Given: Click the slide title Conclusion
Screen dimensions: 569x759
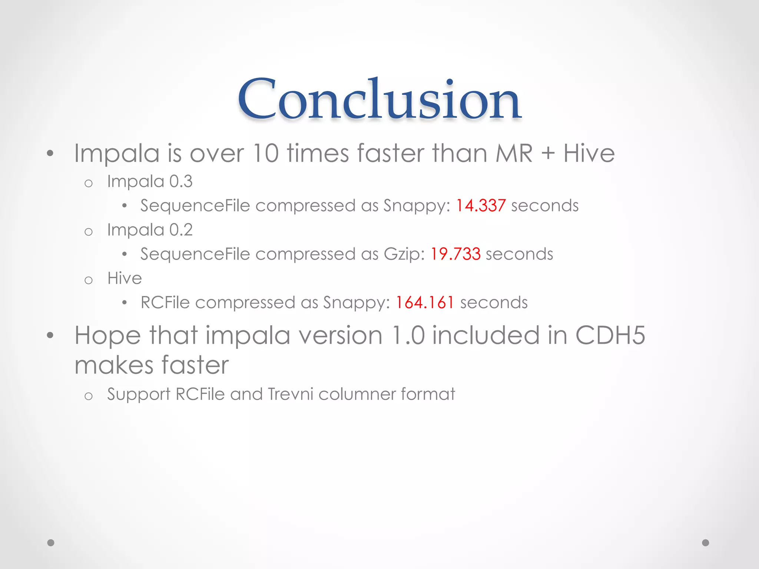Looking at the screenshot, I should [x=379, y=99].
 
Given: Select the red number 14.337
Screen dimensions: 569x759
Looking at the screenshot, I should [x=480, y=206].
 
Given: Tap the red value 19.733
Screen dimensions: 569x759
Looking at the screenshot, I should [x=455, y=254].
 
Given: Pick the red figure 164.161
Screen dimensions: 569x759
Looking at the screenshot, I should [x=425, y=303].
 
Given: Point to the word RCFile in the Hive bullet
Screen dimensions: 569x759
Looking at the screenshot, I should [x=165, y=303].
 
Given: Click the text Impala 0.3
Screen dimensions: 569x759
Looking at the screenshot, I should [x=150, y=182].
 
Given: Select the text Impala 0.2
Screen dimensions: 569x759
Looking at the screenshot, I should [x=150, y=230].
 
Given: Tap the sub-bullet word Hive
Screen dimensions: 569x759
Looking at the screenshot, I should [x=125, y=278].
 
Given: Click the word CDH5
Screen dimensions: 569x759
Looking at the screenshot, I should [x=610, y=335].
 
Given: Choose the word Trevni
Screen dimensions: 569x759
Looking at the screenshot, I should [x=291, y=394].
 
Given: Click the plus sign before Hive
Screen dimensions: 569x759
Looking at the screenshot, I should [x=548, y=154].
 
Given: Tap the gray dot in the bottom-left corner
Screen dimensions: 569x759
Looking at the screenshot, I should [x=51, y=543].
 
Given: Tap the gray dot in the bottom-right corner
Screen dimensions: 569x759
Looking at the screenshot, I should [x=706, y=543].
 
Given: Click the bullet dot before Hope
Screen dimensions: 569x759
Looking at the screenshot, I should [x=50, y=336].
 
